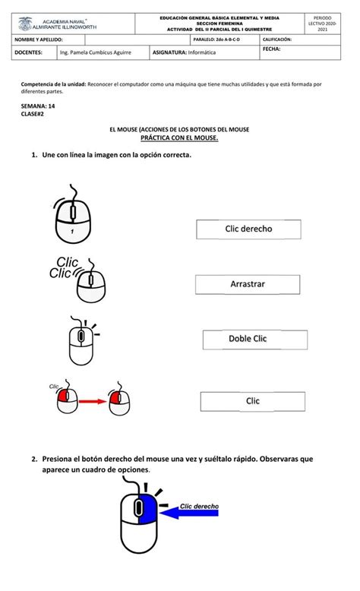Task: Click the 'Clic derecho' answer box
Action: click(x=248, y=228)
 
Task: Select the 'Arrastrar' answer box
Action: click(x=248, y=284)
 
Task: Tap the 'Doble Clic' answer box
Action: click(x=254, y=339)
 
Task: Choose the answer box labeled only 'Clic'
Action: click(x=252, y=400)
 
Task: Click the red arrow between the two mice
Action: click(x=93, y=400)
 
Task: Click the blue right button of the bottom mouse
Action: click(x=147, y=508)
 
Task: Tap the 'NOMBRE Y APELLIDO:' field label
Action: click(x=39, y=39)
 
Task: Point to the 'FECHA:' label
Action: click(x=271, y=49)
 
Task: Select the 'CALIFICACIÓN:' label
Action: click(x=277, y=39)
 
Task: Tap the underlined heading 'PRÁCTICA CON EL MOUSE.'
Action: click(x=179, y=138)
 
